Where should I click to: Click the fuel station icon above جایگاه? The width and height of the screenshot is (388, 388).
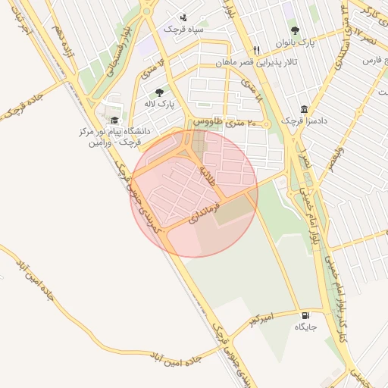click(305, 315)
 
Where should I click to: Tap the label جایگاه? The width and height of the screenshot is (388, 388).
click(305, 327)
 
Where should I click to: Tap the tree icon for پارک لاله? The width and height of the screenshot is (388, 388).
click(159, 92)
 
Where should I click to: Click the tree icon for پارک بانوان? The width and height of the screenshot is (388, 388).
click(295, 30)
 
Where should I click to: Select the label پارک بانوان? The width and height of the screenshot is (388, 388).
click(295, 42)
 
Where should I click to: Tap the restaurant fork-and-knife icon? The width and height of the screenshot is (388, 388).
click(257, 50)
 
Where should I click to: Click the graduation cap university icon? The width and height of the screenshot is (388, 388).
click(114, 120)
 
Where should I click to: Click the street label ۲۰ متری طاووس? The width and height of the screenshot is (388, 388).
click(226, 121)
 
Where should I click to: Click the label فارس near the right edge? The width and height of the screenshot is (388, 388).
click(371, 60)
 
